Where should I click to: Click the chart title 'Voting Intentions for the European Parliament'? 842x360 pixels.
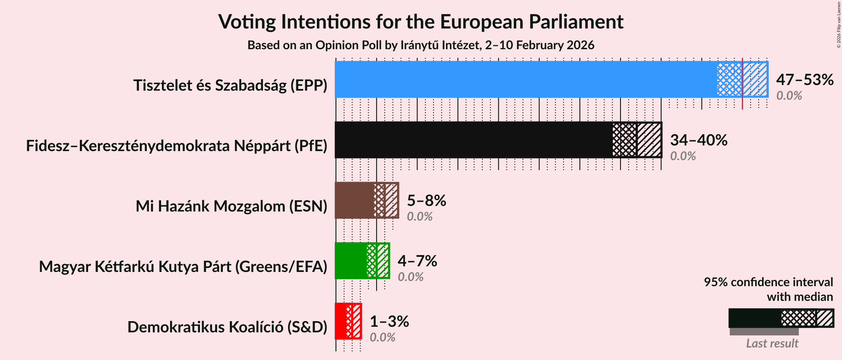pyautogui.click(x=421, y=22)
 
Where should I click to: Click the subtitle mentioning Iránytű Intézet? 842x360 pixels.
pyautogui.click(x=421, y=45)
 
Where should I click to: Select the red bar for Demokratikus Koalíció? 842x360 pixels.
pyautogui.click(x=341, y=321)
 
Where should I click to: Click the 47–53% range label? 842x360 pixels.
pyautogui.click(x=804, y=80)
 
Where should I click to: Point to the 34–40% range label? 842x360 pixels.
pyautogui.click(x=698, y=140)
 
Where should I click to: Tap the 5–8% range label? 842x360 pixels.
pyautogui.click(x=426, y=201)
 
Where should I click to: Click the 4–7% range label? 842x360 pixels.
pyautogui.click(x=417, y=261)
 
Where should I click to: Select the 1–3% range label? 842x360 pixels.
pyautogui.click(x=389, y=322)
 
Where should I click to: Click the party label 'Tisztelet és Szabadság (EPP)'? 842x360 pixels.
pyautogui.click(x=230, y=85)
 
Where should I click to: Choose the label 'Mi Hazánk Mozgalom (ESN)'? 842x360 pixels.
pyautogui.click(x=231, y=206)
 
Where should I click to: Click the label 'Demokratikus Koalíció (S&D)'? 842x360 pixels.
pyautogui.click(x=227, y=327)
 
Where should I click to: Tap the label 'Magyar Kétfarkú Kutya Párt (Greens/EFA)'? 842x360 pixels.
pyautogui.click(x=183, y=267)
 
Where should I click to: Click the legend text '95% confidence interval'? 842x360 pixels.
pyautogui.click(x=768, y=282)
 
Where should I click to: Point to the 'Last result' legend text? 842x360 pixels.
pyautogui.click(x=772, y=344)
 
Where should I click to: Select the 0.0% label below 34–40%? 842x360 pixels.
pyautogui.click(x=683, y=156)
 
